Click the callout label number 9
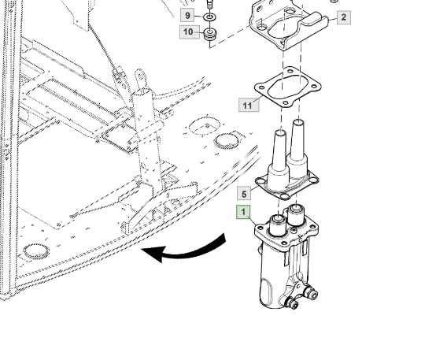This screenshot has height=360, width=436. click(187, 15)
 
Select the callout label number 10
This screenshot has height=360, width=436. click(189, 32)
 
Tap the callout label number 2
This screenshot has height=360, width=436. click(344, 17)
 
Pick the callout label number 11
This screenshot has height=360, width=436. click(249, 106)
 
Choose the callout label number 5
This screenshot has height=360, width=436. click(244, 194)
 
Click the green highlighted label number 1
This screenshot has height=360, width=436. click(243, 212)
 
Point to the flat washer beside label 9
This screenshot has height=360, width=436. click(209, 17)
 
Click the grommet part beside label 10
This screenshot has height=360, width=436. click(210, 34)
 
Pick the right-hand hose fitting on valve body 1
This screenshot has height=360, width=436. click(311, 292)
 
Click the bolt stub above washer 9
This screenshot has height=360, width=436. click(210, 5)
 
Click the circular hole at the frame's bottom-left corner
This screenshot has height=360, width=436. click(36, 251)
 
